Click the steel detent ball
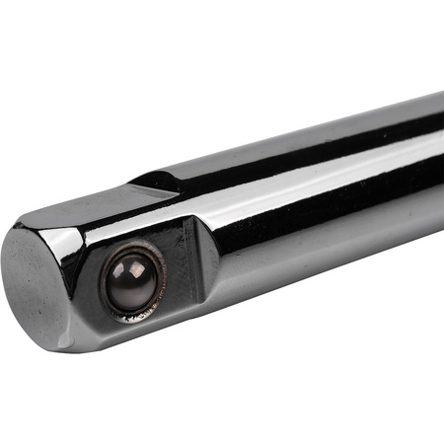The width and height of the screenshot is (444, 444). pyautogui.click(x=131, y=280)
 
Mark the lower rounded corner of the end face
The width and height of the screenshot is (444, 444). pyautogui.click(x=59, y=340)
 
